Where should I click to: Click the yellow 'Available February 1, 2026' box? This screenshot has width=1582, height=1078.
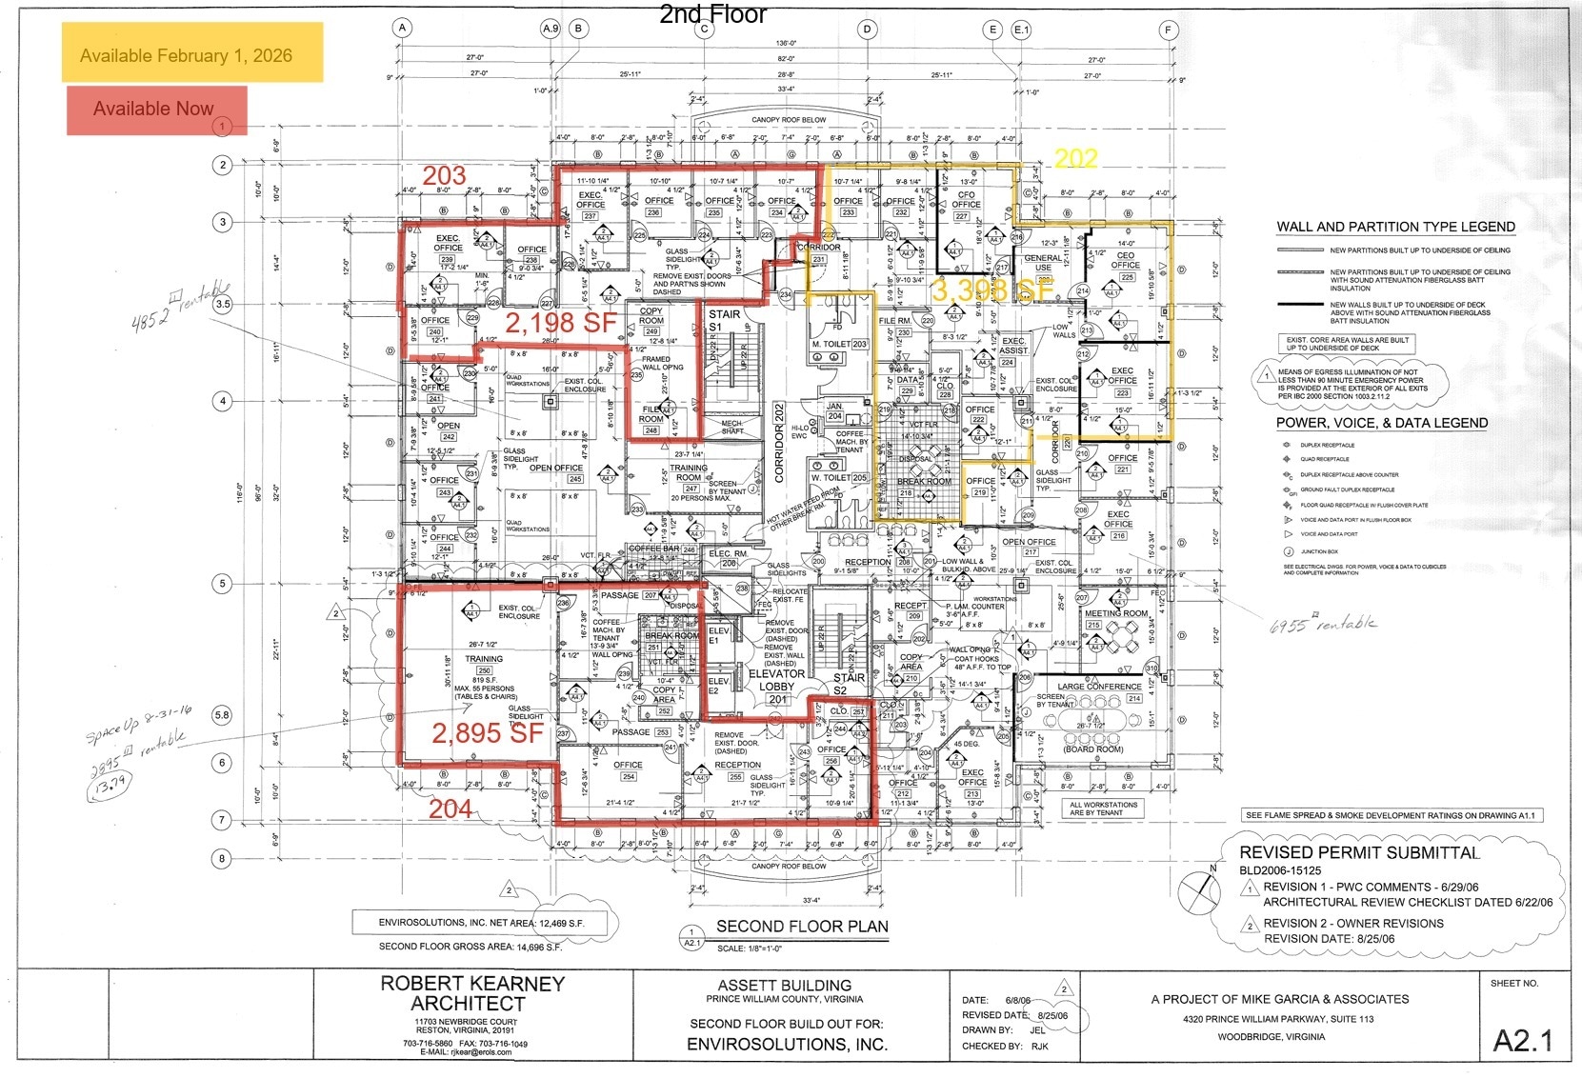pos(186,54)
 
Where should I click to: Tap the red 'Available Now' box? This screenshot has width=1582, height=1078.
pos(154,109)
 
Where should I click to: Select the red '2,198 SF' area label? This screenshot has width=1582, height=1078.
pos(561,323)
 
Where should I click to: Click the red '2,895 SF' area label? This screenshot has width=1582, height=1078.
pos(487,731)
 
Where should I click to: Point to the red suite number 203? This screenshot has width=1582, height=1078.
pos(444,175)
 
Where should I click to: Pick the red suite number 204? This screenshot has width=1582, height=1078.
pos(450,808)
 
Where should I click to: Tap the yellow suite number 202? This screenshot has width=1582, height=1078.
pos(1075,158)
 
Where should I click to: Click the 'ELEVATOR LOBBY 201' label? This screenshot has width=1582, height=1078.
pos(776,686)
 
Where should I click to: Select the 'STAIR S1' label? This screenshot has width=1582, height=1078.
pos(724,320)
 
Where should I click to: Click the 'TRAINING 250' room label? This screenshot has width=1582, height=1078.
pos(484,665)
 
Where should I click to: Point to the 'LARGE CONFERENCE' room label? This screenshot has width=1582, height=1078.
pos(1099,687)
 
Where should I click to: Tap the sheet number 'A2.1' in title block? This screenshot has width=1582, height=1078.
pos(1522,1040)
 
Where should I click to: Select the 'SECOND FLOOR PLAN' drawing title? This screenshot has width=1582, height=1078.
pos(802,926)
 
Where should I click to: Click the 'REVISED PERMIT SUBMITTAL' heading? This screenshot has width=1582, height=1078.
pos(1359,852)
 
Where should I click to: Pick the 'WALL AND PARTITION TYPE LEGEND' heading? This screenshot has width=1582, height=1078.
pos(1395,227)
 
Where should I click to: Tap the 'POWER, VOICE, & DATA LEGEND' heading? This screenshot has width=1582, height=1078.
pos(1381,423)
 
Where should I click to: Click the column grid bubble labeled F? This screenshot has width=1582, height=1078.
pos(1168,30)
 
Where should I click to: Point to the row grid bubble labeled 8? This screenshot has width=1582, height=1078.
pos(222,858)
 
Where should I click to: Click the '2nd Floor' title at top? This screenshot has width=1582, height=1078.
pos(712,14)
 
